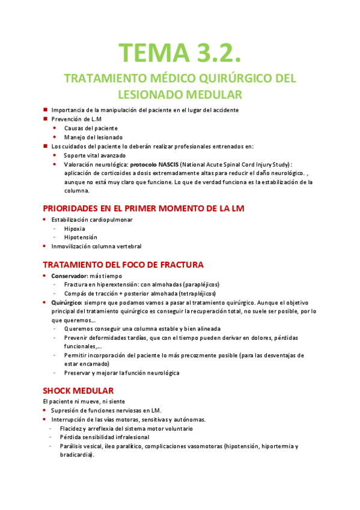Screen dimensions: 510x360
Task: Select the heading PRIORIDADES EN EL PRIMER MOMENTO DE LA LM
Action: click(144, 208)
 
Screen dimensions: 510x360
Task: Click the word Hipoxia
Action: click(75, 229)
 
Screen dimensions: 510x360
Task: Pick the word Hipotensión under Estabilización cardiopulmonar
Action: click(81, 237)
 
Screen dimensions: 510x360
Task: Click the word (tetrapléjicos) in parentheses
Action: click(192, 293)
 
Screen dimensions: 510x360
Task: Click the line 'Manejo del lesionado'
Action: click(93, 137)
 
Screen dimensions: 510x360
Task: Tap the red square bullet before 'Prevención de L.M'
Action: click(46, 118)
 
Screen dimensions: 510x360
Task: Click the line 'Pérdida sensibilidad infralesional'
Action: click(110, 437)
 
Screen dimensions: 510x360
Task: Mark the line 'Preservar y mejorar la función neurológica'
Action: click(121, 373)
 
